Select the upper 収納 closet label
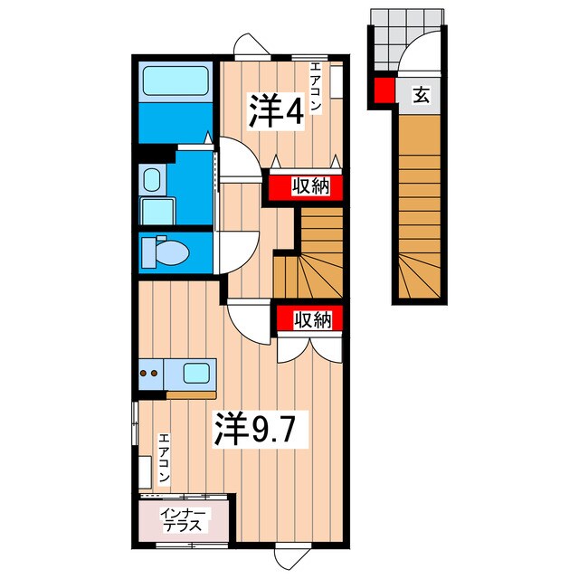(308, 186)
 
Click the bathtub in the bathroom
(175, 82)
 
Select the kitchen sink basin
(197, 372)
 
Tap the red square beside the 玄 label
(384, 91)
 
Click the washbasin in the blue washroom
(151, 179)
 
